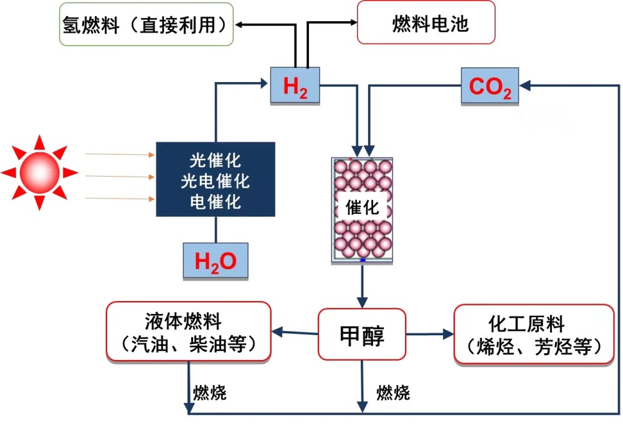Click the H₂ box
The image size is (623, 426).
[x=295, y=85]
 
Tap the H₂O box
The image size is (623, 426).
[x=215, y=261]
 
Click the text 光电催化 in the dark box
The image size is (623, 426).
[x=215, y=182]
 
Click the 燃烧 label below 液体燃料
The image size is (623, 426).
[x=210, y=392]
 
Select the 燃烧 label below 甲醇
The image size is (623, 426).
[x=393, y=392]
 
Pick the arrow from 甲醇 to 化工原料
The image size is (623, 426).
[x=430, y=334]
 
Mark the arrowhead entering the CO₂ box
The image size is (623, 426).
[x=525, y=85]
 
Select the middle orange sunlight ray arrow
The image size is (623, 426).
[x=118, y=176]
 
